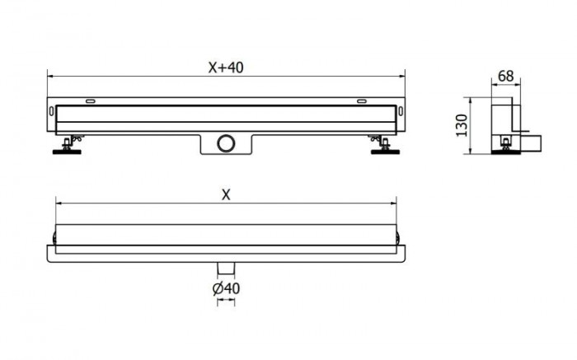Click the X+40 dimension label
click(x=225, y=68)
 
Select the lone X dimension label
click(x=225, y=194)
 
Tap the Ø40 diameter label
click(x=226, y=288)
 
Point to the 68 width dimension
click(x=506, y=76)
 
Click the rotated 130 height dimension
click(x=462, y=124)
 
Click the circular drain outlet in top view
click(x=226, y=143)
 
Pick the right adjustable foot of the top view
click(x=382, y=146)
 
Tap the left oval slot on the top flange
click(x=88, y=101)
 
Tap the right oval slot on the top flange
click(x=362, y=101)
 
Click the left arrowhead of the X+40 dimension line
click(x=49, y=77)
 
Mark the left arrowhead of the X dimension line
click(x=57, y=203)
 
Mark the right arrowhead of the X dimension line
click(x=395, y=203)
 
